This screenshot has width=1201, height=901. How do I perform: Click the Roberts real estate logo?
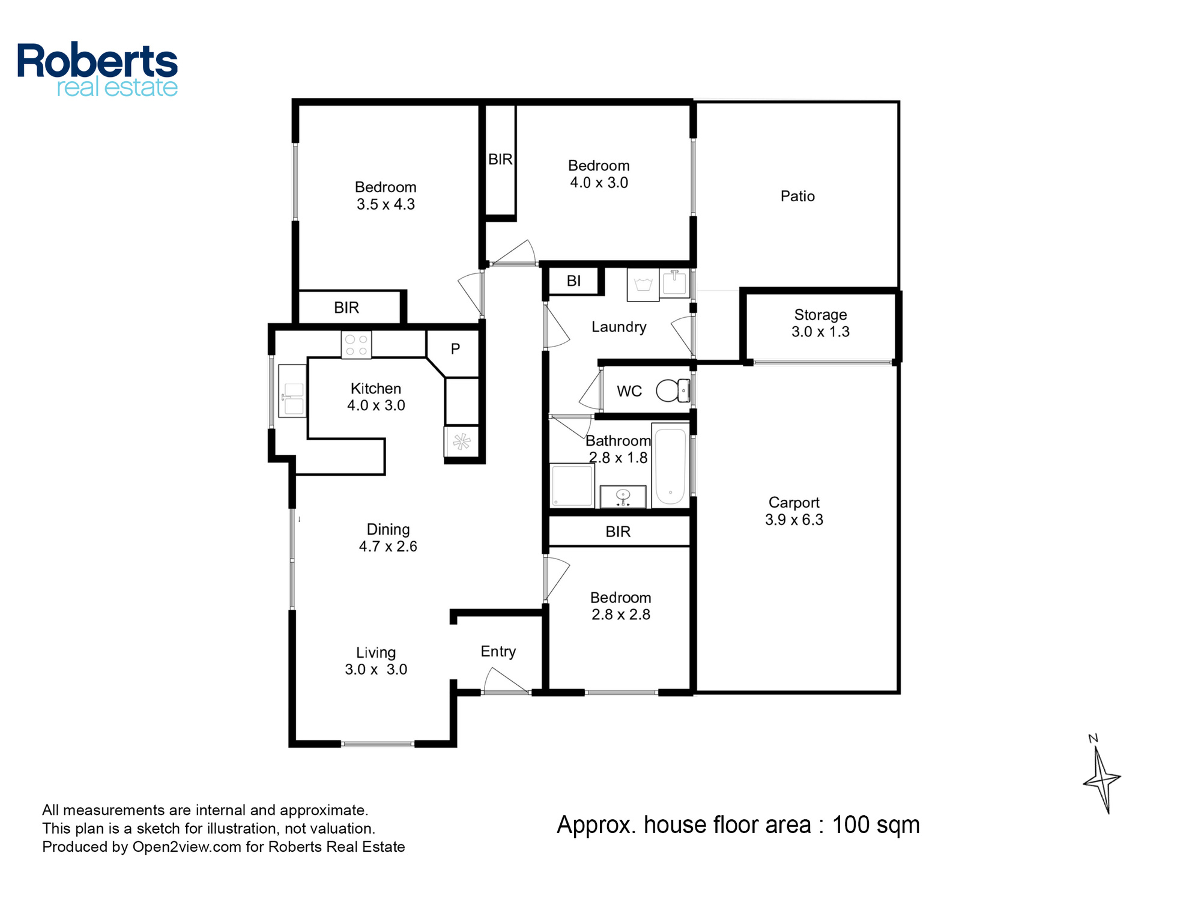(x=97, y=70)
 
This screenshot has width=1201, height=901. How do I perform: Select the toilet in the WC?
(x=673, y=390)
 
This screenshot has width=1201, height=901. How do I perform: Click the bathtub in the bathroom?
(x=670, y=466)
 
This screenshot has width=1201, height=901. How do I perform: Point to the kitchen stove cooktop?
(x=356, y=345)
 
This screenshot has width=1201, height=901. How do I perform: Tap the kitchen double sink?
(x=292, y=390)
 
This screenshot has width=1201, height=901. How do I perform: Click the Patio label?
(x=797, y=196)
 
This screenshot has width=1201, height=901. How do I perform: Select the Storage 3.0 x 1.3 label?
(x=820, y=323)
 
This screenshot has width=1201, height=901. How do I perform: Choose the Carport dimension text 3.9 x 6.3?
(x=794, y=520)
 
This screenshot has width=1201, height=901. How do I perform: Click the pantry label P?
(x=455, y=348)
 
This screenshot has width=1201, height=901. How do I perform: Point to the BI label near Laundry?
(x=573, y=281)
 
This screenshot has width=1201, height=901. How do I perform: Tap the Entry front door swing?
(x=506, y=682)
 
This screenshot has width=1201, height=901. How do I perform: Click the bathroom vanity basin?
(x=623, y=496)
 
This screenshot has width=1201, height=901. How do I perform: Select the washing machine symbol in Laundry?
(x=643, y=285)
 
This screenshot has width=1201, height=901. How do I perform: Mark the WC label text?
(x=629, y=392)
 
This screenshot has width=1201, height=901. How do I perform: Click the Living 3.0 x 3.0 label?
(x=376, y=661)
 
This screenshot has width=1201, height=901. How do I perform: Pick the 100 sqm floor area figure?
(x=876, y=825)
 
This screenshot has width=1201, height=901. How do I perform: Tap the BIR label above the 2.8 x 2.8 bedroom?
(x=618, y=532)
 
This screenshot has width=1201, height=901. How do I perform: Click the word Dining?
(x=388, y=529)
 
